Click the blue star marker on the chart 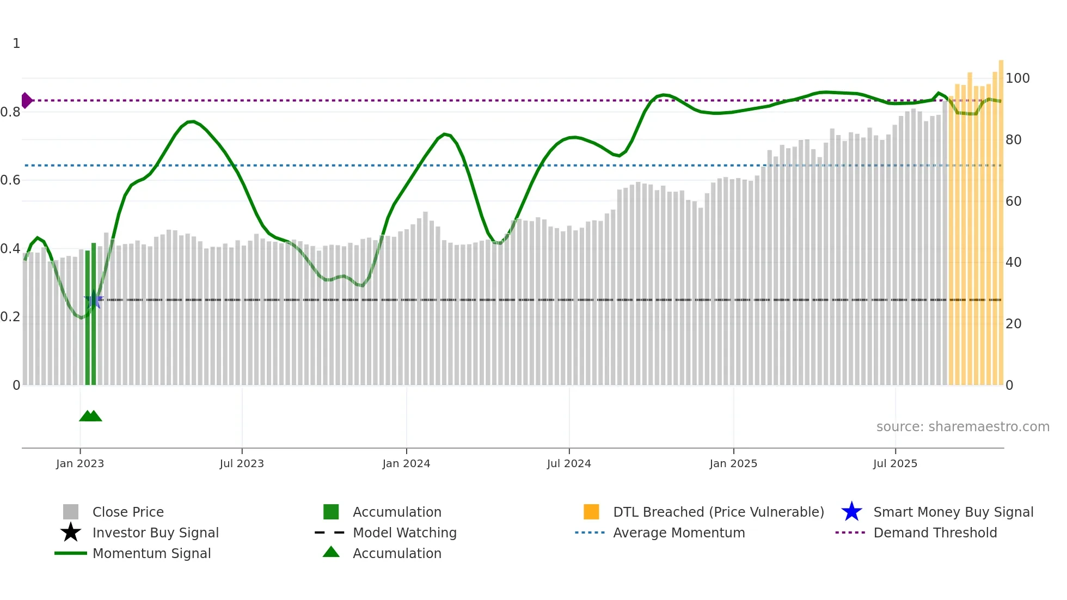[93, 299]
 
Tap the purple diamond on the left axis [26, 100]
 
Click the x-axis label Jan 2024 [406, 463]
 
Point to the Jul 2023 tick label [242, 463]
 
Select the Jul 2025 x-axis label [895, 463]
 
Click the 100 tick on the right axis [1017, 78]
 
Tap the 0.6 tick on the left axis [10, 180]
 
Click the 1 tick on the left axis [16, 44]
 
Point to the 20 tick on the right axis [1013, 324]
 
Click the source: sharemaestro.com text [962, 427]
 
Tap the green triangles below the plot [90, 416]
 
